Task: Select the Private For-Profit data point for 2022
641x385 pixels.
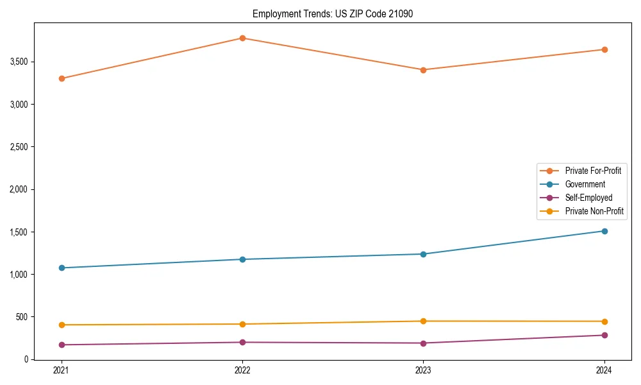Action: coord(242,38)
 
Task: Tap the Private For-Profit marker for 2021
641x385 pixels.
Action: coord(62,78)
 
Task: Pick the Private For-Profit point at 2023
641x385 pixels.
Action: coord(423,70)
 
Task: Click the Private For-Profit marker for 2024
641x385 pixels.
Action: coord(604,49)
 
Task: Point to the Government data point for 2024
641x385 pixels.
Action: coord(604,231)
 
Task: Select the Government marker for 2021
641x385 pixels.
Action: coord(62,268)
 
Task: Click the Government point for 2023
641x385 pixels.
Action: coord(423,254)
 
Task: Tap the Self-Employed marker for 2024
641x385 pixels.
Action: coord(604,335)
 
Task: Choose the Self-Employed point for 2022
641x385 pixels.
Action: coord(242,342)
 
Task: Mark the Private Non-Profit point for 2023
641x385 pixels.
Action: coord(423,321)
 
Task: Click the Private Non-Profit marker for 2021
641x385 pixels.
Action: coord(62,325)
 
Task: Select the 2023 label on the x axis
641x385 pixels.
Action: coord(423,370)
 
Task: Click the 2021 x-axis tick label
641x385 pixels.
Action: coord(62,370)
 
